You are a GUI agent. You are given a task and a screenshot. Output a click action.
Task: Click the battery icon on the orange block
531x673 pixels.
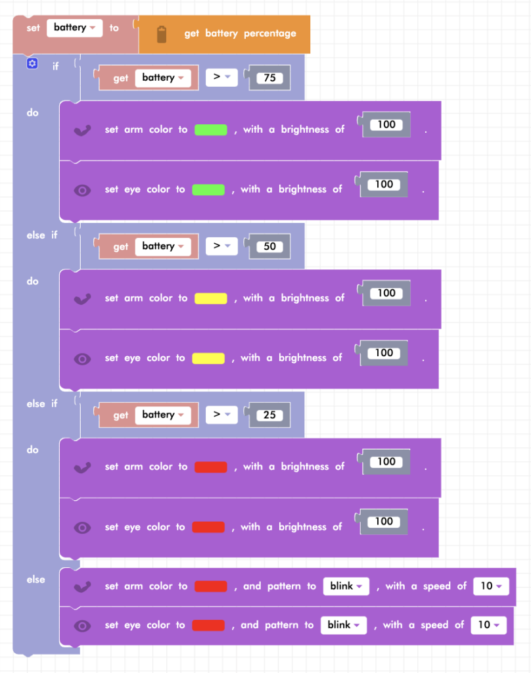pos(162,34)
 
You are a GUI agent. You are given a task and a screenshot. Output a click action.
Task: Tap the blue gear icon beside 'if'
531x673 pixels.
pos(32,64)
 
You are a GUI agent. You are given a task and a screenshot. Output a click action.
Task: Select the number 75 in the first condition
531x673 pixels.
pos(269,78)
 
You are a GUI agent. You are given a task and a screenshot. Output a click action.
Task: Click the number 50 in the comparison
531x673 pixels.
pos(269,246)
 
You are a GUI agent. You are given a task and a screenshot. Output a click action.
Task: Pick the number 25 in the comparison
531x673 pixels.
pos(269,415)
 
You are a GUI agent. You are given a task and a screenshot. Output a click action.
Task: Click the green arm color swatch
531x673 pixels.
pos(211,129)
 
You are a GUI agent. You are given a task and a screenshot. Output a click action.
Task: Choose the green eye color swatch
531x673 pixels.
pos(208,189)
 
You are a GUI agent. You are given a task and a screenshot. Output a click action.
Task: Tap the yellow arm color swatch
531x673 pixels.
pos(211,298)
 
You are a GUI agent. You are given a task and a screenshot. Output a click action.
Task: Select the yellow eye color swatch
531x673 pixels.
pos(208,358)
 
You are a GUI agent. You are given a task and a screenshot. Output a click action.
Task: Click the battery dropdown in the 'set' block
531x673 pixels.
pos(74,28)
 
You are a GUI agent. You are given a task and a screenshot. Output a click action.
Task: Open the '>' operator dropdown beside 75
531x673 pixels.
pos(221,78)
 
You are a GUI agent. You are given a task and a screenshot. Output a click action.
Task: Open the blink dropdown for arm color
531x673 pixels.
pos(346,586)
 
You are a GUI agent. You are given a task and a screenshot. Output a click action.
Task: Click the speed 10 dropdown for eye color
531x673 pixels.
pos(488,625)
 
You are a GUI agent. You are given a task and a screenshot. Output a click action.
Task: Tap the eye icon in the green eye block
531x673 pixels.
pos(82,190)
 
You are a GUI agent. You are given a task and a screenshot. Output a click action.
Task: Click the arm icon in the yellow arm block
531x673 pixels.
pos(83,298)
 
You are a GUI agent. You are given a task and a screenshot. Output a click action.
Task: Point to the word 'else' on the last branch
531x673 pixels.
pos(36,579)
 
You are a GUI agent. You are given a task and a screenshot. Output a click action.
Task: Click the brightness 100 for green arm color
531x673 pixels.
pos(386,125)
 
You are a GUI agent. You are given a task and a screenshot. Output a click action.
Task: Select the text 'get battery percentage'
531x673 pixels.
pos(240,34)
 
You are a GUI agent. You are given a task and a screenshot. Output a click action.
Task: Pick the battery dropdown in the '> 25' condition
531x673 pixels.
pos(163,415)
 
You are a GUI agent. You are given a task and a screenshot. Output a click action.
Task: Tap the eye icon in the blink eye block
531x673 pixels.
pos(82,626)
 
